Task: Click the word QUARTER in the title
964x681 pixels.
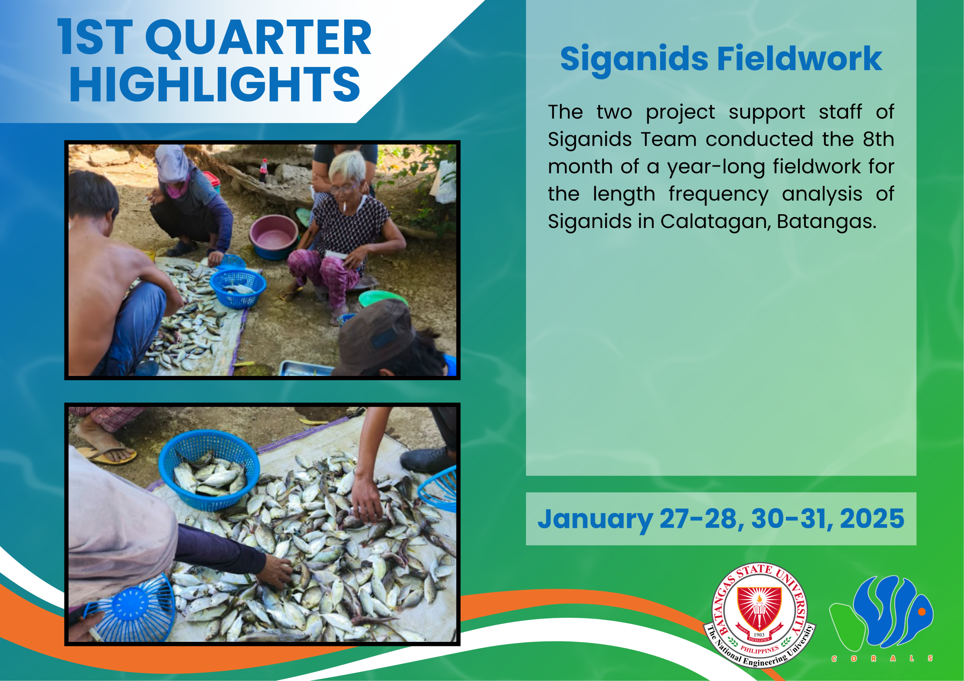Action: click(x=258, y=38)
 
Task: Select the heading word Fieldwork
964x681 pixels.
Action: click(x=799, y=59)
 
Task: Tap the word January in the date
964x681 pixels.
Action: click(x=595, y=520)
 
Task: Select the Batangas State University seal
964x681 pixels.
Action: click(x=760, y=615)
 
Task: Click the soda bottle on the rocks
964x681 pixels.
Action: click(x=263, y=170)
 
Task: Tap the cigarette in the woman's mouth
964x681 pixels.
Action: click(x=344, y=207)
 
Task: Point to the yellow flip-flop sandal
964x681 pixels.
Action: click(x=107, y=454)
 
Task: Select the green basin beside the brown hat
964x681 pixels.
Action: click(x=382, y=298)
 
